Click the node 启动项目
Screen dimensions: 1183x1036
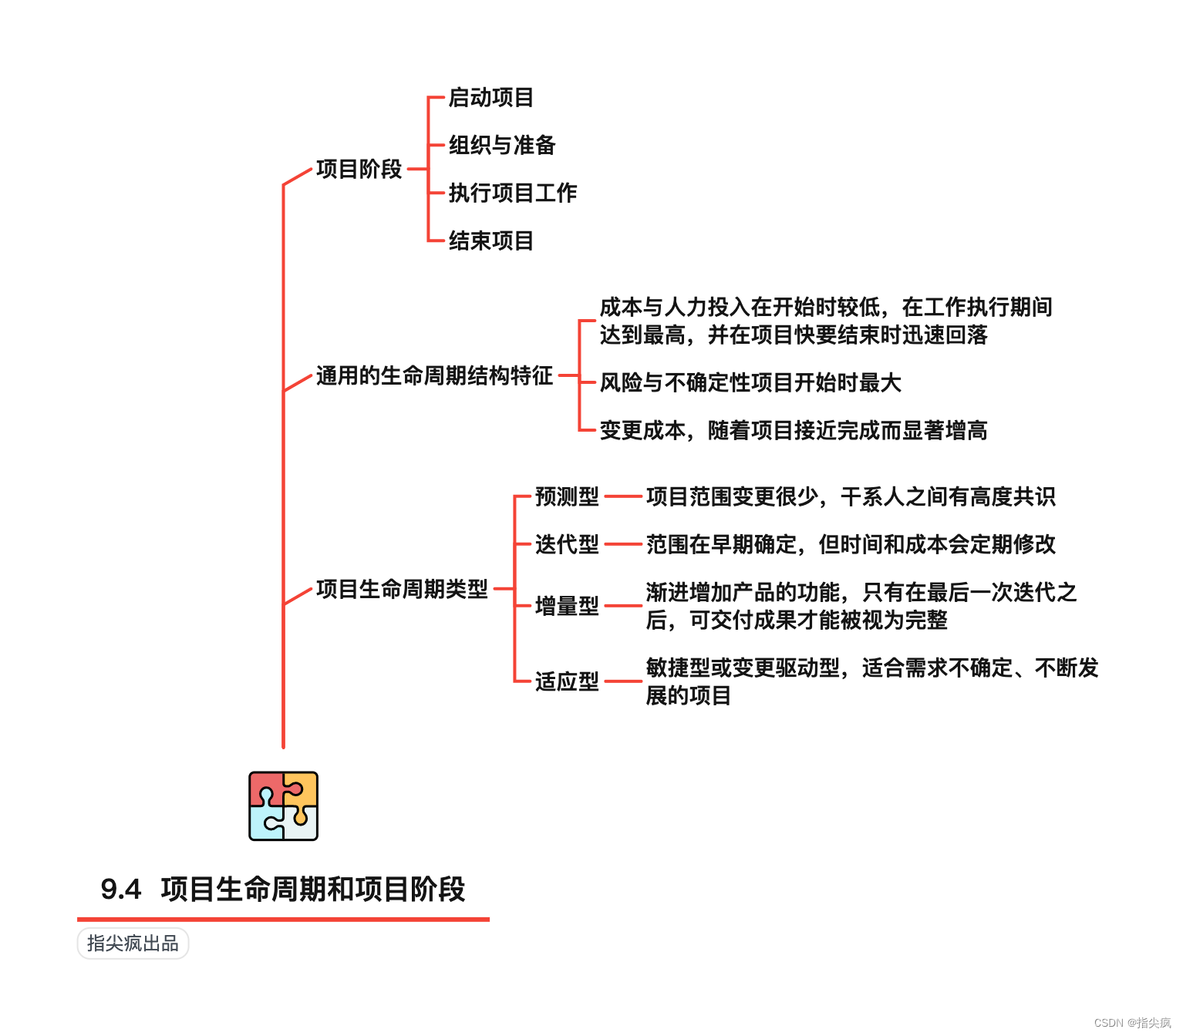(490, 98)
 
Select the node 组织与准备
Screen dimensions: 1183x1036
(501, 146)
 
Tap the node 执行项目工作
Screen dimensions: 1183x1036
(512, 193)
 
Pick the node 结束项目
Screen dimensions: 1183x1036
(490, 241)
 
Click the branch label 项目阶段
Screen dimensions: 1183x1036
(359, 169)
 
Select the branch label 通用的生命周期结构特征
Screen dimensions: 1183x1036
(434, 376)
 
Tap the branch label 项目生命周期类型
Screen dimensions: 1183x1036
(402, 590)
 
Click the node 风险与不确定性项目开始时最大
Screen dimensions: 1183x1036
(750, 383)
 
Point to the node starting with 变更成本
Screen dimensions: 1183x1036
(793, 431)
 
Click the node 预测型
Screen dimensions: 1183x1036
(567, 497)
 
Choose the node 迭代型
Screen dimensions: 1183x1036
(567, 545)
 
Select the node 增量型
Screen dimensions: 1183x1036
(567, 607)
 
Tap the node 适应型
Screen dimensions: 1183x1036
(567, 682)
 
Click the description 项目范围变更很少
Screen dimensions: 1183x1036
(850, 497)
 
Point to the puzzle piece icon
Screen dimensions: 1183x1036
(283, 806)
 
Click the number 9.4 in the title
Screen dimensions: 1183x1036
(121, 890)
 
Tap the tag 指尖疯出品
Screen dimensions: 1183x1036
(133, 943)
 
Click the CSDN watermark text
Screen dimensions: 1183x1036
(1131, 1023)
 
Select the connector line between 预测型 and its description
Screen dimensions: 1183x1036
(623, 497)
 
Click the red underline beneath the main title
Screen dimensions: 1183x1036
(283, 919)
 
